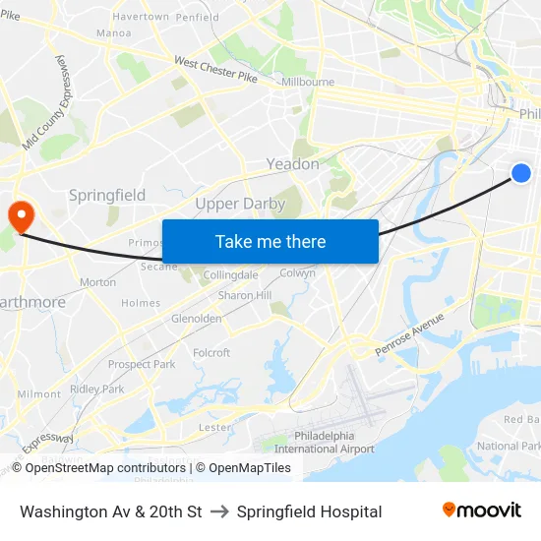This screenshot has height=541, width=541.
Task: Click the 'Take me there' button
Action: pos(270,241)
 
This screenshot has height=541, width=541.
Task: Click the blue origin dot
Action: pos(521,173)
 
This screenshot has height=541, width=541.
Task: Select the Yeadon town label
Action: pos(293,164)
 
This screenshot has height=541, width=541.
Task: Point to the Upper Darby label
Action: pos(240,204)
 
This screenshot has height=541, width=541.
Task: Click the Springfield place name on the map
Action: pos(107,195)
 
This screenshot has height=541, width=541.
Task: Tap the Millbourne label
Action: pos(308,83)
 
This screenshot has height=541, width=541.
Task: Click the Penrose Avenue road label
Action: pos(410,331)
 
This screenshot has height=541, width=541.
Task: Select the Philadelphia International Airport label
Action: pos(325,442)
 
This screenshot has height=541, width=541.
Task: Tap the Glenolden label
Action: pos(197,319)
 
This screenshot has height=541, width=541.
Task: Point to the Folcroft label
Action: pos(211,353)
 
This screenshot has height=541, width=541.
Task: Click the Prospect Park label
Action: pos(142,364)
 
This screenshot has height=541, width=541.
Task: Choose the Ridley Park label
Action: pos(97,389)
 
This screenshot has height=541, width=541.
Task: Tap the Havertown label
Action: pos(141,17)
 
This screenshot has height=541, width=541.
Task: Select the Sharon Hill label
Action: pos(245,295)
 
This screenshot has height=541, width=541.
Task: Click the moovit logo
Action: pos(481,511)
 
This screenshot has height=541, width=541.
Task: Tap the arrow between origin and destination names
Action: pos(219,511)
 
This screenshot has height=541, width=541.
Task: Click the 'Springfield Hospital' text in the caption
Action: pos(309,511)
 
